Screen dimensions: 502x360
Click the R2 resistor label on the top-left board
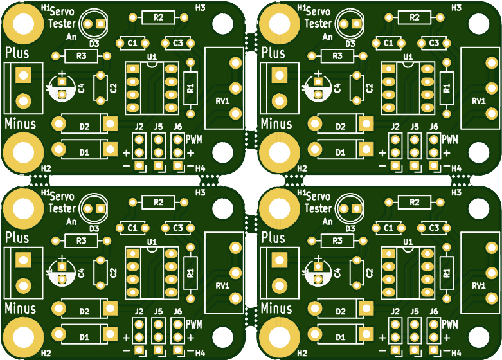click(159, 17)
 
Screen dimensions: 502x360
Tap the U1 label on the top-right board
click(408, 57)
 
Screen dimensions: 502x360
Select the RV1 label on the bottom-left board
click(222, 285)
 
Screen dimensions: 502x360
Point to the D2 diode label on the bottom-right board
click(341, 311)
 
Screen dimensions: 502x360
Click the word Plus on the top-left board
click(17, 53)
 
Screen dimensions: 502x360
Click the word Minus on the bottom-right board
click(276, 308)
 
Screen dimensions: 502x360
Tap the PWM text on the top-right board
click(450, 139)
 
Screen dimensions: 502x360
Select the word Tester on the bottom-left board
click(62, 208)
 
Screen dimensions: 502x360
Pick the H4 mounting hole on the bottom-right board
click(479, 337)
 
